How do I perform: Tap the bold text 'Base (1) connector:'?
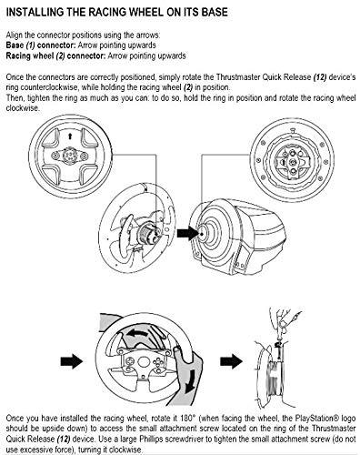41,45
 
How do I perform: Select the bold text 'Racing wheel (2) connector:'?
56,56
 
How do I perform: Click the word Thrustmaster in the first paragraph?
238,77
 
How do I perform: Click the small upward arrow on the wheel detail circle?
70,136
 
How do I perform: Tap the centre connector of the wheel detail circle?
70,156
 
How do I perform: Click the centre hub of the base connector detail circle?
293,161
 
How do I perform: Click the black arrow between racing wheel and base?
187,233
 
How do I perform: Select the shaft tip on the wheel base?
203,234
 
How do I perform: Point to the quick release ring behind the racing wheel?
148,234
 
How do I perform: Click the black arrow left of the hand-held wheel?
72,361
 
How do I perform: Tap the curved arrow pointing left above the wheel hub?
142,333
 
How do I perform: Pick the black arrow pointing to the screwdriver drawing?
231,361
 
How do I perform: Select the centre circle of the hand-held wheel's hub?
143,361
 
